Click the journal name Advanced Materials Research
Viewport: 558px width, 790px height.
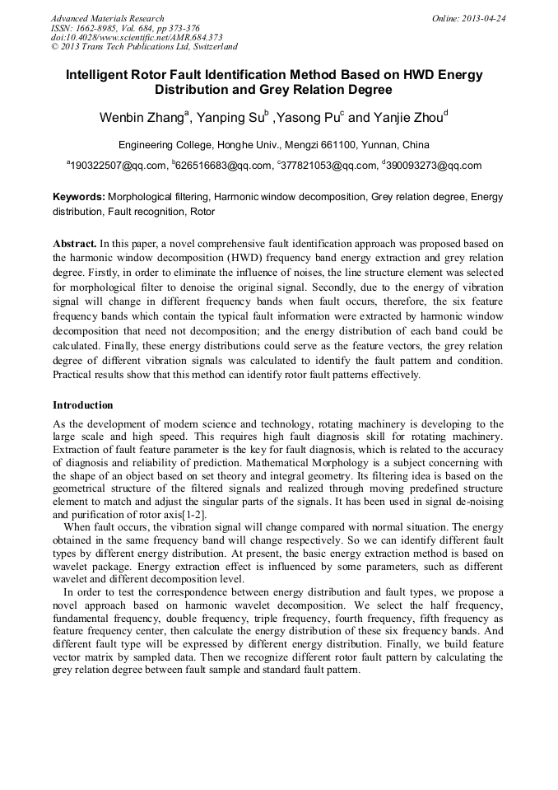(x=107, y=18)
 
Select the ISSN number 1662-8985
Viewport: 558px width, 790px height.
(x=97, y=28)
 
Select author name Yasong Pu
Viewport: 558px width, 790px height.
(x=310, y=117)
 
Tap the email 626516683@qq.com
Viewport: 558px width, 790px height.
(x=223, y=166)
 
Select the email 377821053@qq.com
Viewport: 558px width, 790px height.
(x=328, y=166)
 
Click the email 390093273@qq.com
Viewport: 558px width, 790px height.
(x=433, y=166)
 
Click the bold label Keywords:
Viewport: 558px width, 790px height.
(x=79, y=198)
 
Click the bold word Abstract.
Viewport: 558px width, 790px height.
(x=74, y=245)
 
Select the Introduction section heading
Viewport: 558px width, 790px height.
(x=82, y=405)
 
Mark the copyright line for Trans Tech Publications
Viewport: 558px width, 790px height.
(x=144, y=48)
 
